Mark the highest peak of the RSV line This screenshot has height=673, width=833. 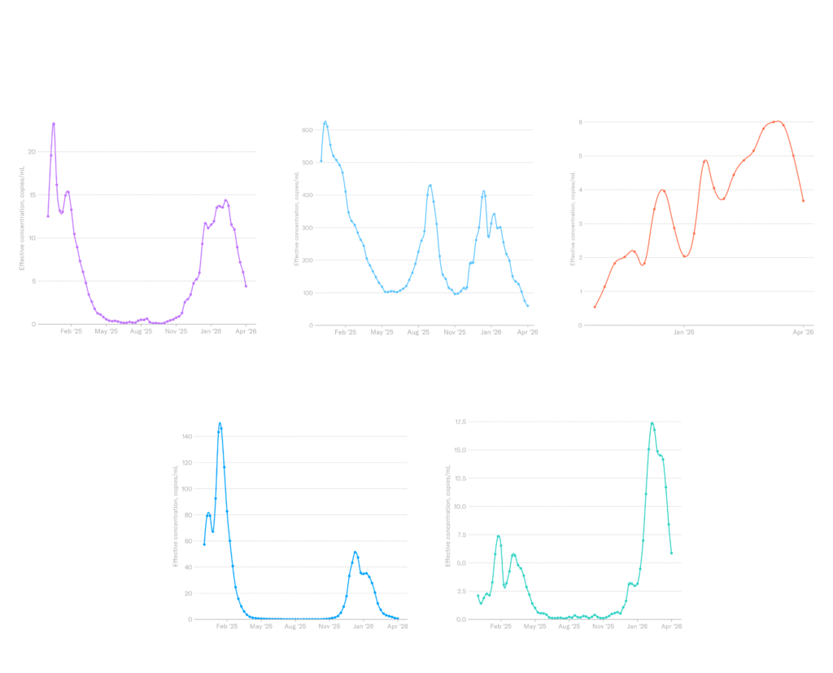click(x=54, y=124)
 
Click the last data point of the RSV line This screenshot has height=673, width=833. click(x=246, y=286)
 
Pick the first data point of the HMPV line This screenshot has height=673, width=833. click(x=595, y=307)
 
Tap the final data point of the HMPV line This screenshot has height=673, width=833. click(x=804, y=201)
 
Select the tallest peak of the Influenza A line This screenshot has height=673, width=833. click(x=219, y=423)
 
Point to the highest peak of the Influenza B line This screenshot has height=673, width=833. click(x=652, y=423)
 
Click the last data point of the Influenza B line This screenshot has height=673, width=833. click(x=672, y=554)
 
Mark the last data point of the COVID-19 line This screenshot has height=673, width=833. click(x=528, y=307)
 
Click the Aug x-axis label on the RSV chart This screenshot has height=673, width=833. click(x=139, y=332)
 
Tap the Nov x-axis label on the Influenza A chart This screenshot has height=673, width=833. click(x=329, y=627)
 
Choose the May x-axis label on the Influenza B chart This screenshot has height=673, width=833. click(x=534, y=627)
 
